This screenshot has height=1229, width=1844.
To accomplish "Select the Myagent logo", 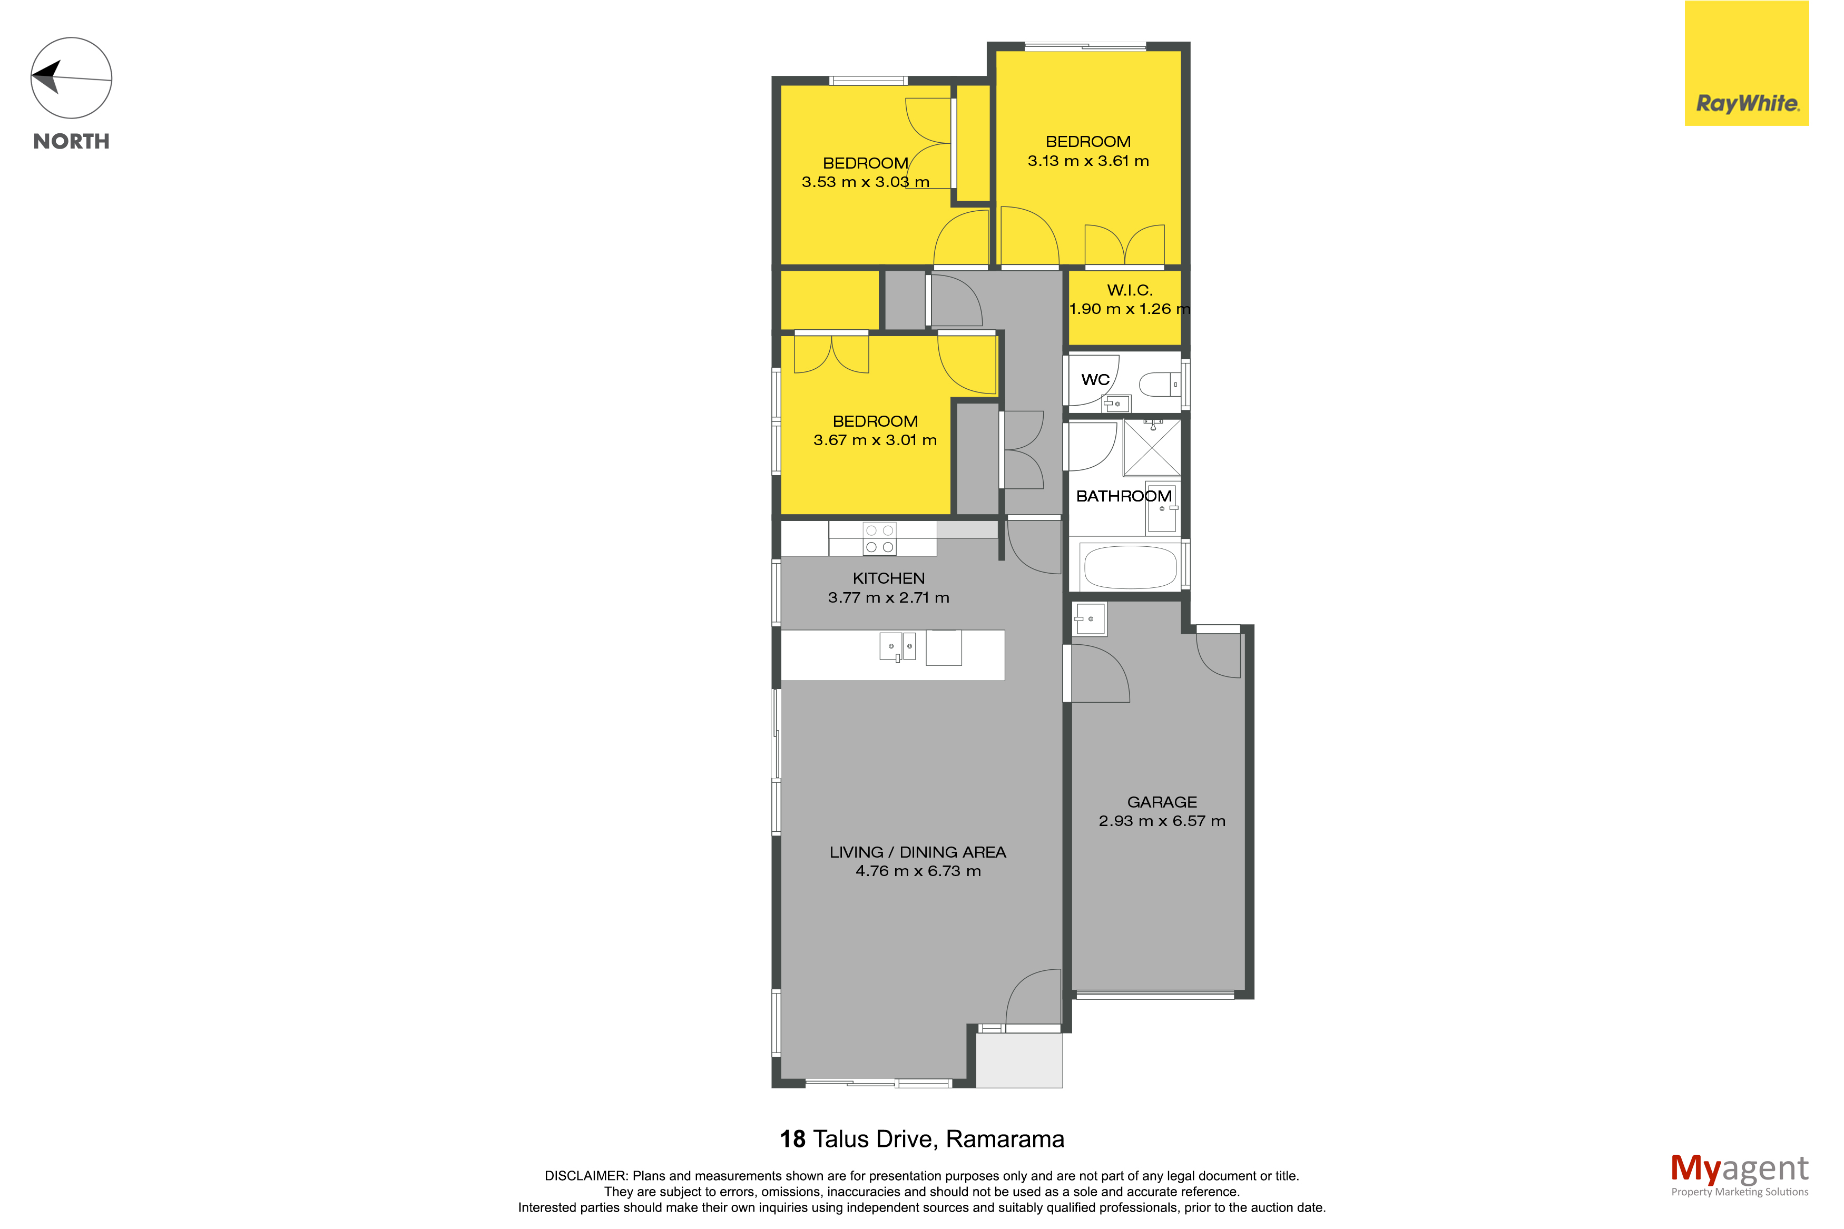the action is pos(1739,1175).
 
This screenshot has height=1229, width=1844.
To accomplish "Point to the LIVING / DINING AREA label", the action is pos(918,852).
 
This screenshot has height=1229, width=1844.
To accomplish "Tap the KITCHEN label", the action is pos(889,578).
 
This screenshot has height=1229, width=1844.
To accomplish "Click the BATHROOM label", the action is pos(1124,496).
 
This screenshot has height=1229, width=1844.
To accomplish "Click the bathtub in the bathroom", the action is pos(1129,567).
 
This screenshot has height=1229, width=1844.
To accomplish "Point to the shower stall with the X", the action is pos(1151,448).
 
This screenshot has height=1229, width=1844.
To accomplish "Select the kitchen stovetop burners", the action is pos(879,538).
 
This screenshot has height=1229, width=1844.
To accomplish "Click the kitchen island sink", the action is pos(897,647).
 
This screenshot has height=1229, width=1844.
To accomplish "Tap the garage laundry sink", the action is pos(1090,619).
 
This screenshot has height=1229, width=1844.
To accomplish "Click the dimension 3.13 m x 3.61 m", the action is pos(1088,161).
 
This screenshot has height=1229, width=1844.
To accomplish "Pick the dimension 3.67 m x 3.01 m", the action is pos(875,440).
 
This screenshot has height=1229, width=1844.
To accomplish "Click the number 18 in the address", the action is pos(792,1139).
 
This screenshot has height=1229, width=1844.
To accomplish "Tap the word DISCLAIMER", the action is pos(585,1176).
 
